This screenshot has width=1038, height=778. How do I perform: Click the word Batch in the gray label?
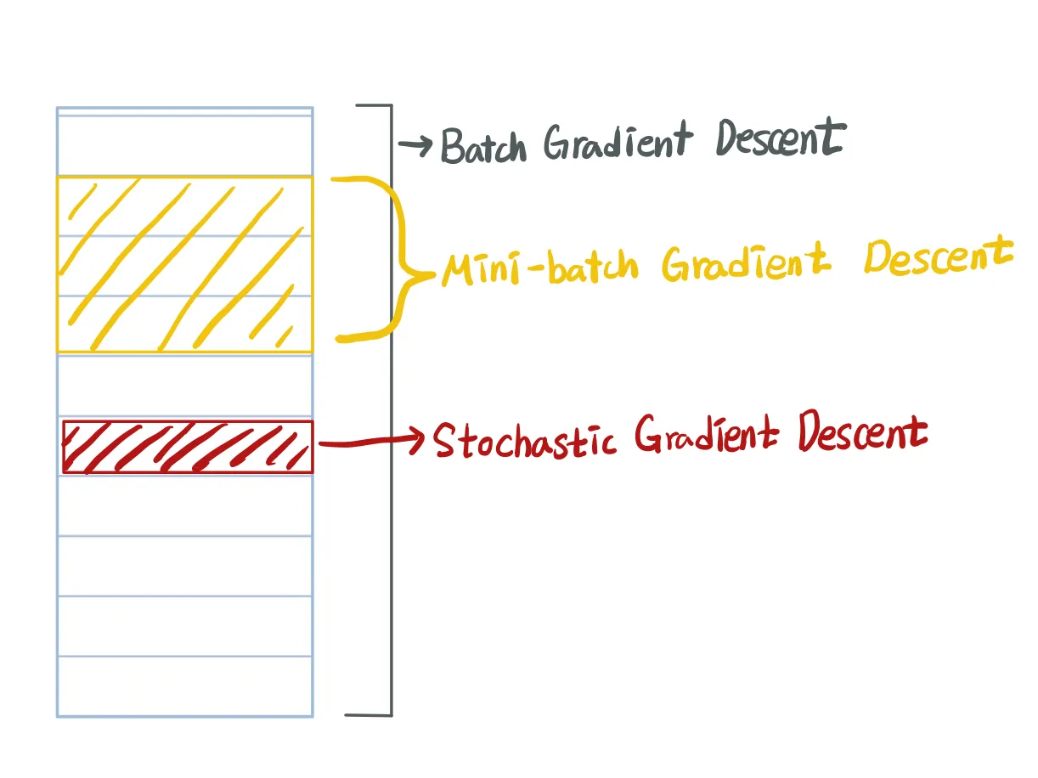(x=482, y=146)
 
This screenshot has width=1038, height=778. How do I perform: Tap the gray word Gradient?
(x=618, y=141)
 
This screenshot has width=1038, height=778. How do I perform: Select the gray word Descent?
(x=781, y=138)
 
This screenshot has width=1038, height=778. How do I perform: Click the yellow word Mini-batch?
(x=539, y=268)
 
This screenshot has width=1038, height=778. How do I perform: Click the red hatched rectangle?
(x=188, y=447)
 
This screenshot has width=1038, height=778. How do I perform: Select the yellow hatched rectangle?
(x=184, y=264)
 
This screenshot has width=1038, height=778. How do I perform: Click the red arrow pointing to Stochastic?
(x=370, y=441)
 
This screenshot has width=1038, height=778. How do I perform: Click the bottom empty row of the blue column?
(x=184, y=686)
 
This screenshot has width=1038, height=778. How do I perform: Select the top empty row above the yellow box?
(x=184, y=145)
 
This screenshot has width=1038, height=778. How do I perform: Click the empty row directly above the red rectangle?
(x=184, y=385)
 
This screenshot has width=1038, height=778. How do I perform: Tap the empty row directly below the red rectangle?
(x=184, y=505)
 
